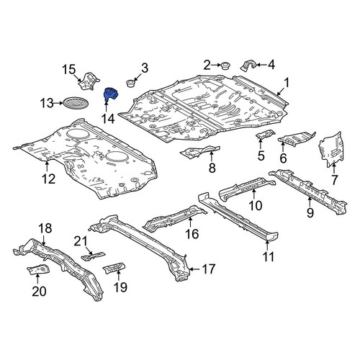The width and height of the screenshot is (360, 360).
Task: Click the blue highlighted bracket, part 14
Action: tap(110, 94)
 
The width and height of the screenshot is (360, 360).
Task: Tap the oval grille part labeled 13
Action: tap(76, 103)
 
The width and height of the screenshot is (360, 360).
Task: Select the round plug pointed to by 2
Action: tap(225, 66)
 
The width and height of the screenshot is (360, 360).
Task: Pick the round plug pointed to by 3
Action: tap(131, 83)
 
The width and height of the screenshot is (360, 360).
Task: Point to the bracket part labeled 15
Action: tap(89, 81)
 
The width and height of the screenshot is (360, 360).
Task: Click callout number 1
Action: tap(287, 83)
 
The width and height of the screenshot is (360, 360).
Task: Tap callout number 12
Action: tap(48, 179)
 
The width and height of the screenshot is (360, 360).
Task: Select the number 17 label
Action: tap(208, 269)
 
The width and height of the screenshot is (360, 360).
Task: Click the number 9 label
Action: tap(310, 212)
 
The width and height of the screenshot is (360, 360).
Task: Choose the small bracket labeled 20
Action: tap(38, 269)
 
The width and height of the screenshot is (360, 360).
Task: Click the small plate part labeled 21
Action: tap(93, 256)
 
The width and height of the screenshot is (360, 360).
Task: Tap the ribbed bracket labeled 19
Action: tap(114, 267)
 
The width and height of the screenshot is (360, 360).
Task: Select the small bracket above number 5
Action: tap(265, 135)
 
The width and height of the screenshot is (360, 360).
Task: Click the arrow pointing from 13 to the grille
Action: tap(58, 103)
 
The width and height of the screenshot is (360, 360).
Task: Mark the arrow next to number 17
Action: tap(196, 269)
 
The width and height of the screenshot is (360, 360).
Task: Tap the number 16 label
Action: tap(192, 234)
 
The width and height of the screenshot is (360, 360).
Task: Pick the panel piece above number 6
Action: tap(297, 138)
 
